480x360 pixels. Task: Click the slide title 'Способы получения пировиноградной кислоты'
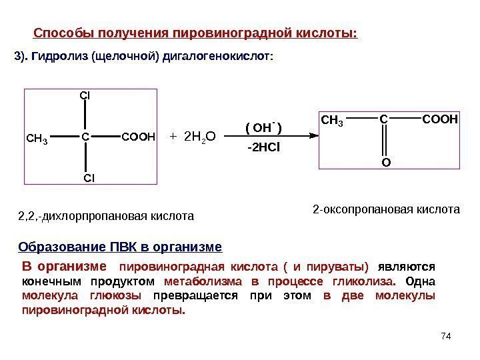[x=195, y=33]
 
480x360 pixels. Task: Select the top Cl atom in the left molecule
[x=85, y=95]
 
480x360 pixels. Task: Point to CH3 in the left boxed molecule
[x=37, y=139]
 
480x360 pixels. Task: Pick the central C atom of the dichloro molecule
[x=85, y=137]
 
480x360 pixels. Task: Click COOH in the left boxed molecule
[x=138, y=137]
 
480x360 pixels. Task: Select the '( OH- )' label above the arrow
[x=264, y=127]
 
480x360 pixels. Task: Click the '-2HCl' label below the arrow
[x=264, y=147]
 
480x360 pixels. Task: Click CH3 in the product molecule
[x=332, y=121]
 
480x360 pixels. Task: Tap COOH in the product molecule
[x=440, y=120]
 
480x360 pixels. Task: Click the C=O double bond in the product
[x=384, y=141]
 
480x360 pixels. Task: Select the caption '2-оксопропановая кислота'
[x=387, y=209]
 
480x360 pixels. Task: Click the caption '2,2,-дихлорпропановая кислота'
[x=105, y=216]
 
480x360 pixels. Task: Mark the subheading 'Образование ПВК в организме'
[x=119, y=247]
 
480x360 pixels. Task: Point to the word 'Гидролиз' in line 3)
[x=65, y=58]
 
